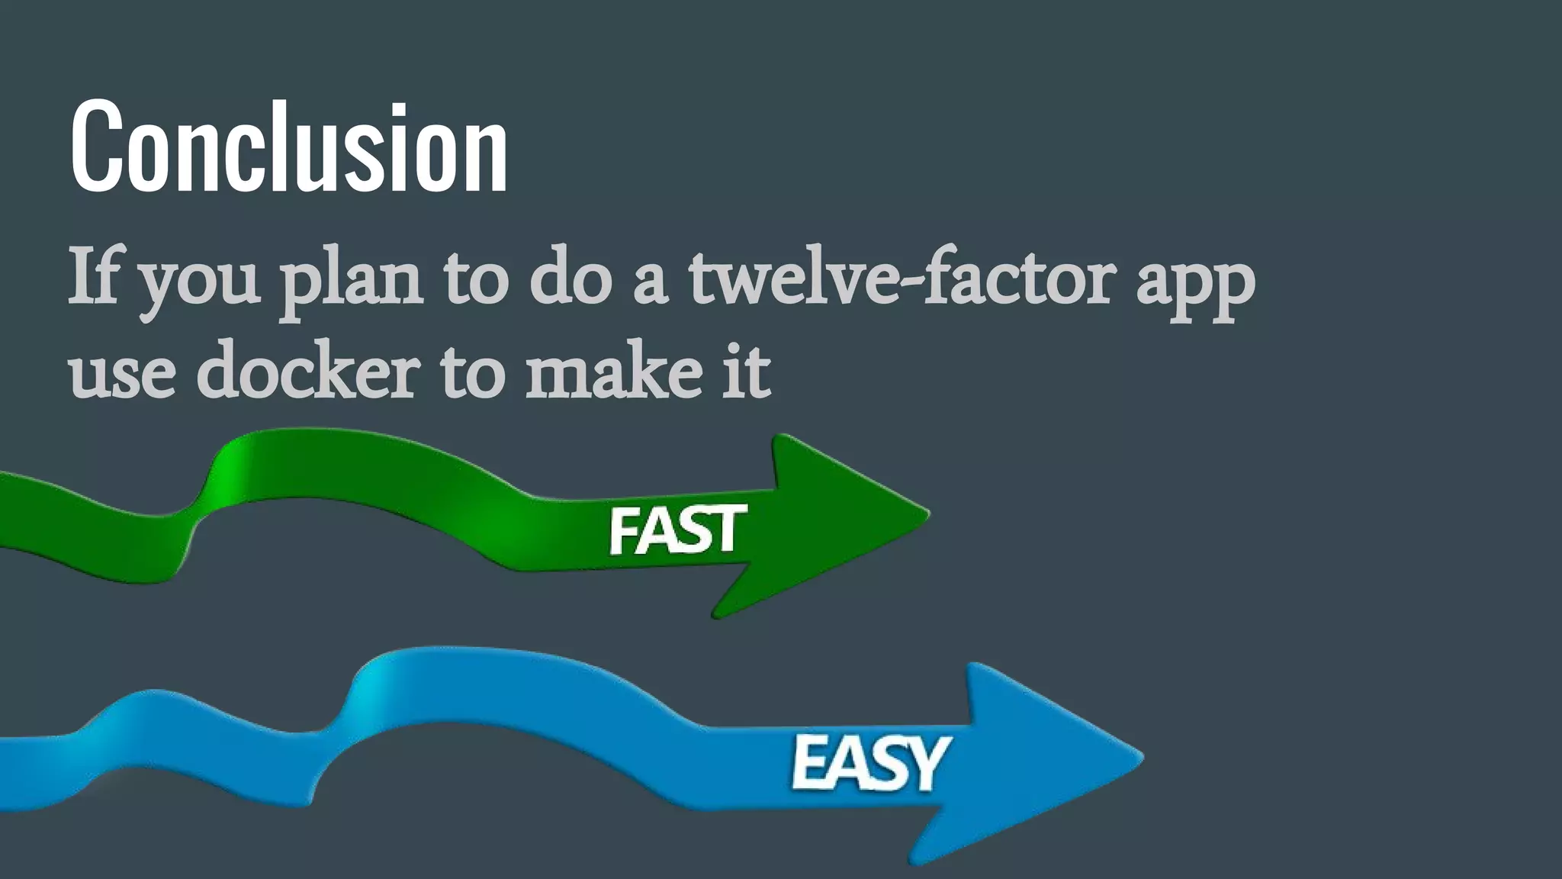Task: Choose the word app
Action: coord(1195,284)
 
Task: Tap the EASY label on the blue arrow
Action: coord(869,762)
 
